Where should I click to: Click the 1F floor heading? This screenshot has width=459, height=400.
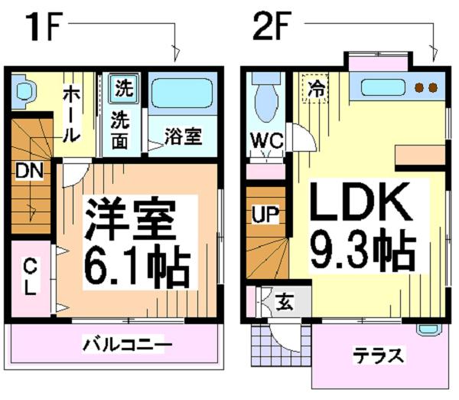coord(43,27)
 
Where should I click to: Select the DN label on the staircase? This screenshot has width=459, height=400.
coord(29,171)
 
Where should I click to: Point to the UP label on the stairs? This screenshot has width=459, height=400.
coord(265,215)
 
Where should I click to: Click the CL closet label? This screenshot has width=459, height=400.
coord(30,277)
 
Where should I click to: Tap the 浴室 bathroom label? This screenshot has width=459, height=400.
coord(184,136)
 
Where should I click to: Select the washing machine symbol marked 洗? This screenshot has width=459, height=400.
coord(124,88)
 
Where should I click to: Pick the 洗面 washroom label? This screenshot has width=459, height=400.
coord(120,130)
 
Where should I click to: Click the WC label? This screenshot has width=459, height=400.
coord(267,140)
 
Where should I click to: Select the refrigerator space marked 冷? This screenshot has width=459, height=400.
coord(315,88)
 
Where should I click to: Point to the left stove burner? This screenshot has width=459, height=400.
coord(420,87)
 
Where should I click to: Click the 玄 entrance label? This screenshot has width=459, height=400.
coord(285,303)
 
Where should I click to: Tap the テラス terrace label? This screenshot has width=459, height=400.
coord(379,356)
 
